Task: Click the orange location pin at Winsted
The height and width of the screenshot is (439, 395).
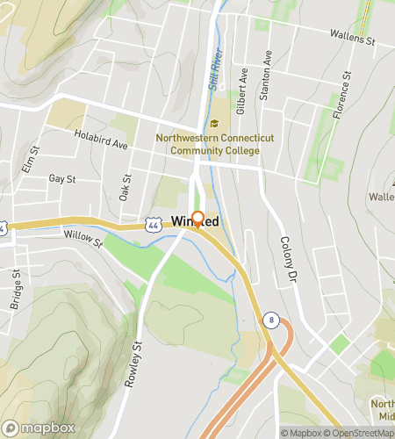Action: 197,219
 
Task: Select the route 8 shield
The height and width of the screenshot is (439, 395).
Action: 271,321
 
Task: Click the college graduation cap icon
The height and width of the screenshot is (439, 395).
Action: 213,124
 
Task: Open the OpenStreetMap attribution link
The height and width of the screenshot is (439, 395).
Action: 361,433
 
